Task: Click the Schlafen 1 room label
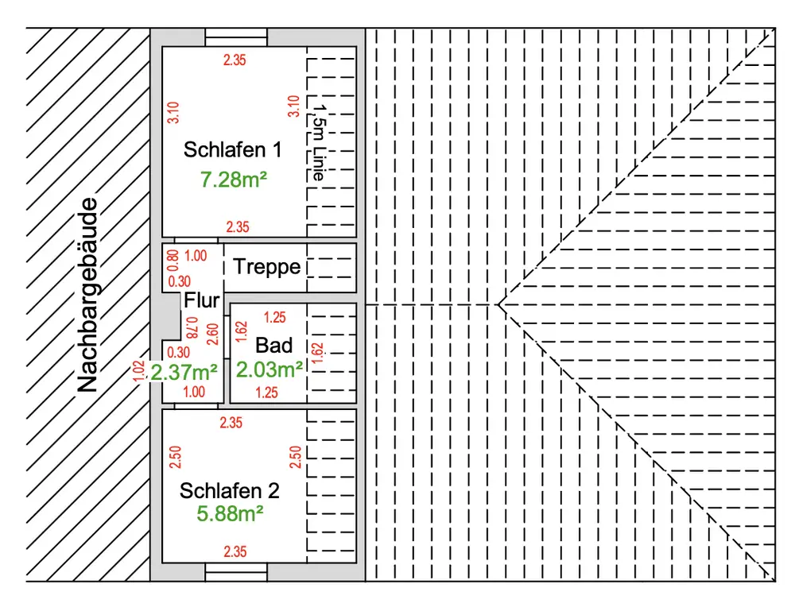[232, 150]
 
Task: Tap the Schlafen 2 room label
[229, 491]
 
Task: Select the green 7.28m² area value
[233, 180]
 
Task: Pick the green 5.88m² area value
[230, 513]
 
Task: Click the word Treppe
[266, 267]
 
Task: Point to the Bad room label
[273, 346]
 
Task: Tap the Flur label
[201, 300]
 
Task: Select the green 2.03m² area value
[270, 369]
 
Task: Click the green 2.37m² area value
[184, 373]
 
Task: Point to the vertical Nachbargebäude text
[87, 295]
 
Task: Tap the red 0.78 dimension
[191, 328]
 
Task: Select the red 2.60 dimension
[213, 335]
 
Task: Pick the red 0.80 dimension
[173, 261]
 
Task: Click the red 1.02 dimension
[138, 371]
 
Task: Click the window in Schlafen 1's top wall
[236, 37]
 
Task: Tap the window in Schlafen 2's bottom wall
[236, 572]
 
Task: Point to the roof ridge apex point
[499, 304]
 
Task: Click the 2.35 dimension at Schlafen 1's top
[235, 60]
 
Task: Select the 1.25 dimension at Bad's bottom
[266, 393]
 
